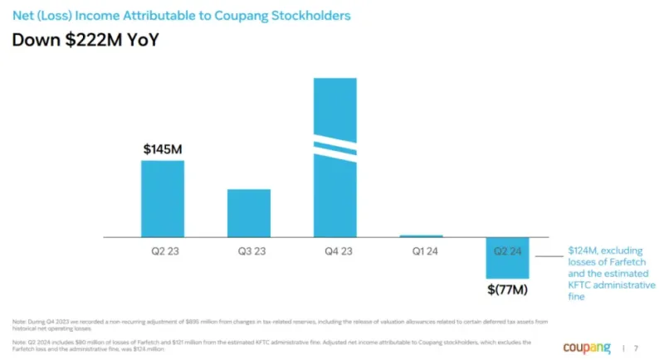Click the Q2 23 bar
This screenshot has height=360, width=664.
pos(163,198)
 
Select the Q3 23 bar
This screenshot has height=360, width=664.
pos(249,213)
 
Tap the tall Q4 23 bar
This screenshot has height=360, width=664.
pos(335,191)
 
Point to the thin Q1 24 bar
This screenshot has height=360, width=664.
pos(421,236)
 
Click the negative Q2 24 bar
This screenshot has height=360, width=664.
pos(507,257)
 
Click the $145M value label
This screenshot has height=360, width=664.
pos(163,150)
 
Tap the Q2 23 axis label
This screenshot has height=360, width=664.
pos(163,250)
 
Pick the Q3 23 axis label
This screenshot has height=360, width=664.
pos(249,250)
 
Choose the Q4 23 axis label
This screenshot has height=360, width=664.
pos(335,250)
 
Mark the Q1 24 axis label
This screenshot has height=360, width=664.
pos(421,250)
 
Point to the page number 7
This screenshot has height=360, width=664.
pos(637,348)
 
